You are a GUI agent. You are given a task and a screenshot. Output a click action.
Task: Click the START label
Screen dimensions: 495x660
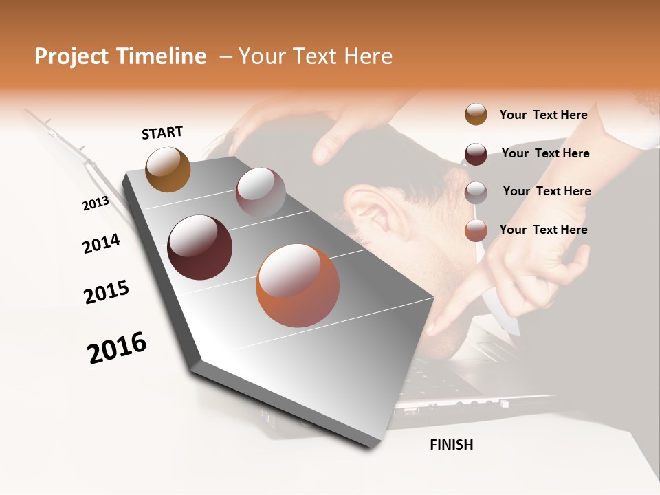(x=162, y=133)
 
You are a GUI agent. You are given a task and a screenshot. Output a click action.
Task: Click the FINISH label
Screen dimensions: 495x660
(x=451, y=445)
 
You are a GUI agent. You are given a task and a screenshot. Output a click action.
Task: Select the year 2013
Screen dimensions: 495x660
(x=96, y=203)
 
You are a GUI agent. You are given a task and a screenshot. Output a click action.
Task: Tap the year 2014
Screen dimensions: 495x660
(x=101, y=243)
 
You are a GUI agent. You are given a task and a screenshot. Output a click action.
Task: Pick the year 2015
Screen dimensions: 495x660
(x=107, y=292)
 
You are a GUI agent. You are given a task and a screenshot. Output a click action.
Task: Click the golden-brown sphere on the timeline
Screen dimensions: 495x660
(x=168, y=169)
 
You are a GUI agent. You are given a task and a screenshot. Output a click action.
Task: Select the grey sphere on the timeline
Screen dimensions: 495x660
(x=261, y=192)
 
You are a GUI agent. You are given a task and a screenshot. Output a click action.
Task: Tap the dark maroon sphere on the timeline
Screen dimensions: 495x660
(x=199, y=247)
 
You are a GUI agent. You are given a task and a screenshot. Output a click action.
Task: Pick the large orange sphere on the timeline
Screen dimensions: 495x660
(x=298, y=285)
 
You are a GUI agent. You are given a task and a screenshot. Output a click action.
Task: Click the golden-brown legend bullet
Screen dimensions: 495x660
(x=476, y=114)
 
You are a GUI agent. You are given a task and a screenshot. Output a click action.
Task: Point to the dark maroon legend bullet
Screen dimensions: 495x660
(x=476, y=153)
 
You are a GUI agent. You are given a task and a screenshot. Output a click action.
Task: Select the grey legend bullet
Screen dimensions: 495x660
(x=476, y=192)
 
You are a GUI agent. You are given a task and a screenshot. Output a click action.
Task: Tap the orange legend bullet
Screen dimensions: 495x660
(x=476, y=230)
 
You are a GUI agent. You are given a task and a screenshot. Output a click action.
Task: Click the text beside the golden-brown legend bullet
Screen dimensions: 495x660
(x=543, y=115)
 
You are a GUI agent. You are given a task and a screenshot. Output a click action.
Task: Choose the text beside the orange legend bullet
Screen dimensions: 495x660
(x=543, y=230)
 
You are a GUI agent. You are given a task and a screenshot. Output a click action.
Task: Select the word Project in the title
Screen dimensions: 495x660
(x=71, y=56)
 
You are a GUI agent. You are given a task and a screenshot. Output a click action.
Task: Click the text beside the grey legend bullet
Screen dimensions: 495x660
(x=547, y=191)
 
